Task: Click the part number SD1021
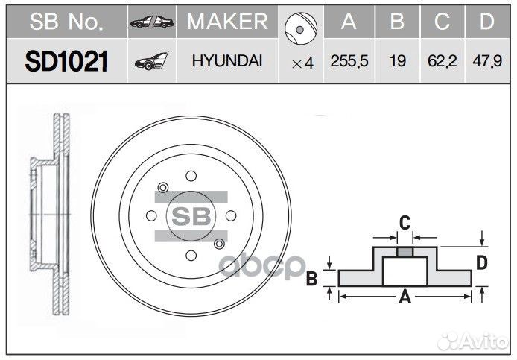pos(66,62)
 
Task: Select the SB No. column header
pos(66,22)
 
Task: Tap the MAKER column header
pos(227,22)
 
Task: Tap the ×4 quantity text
pos(302,63)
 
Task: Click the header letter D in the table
pos(486,22)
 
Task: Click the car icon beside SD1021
pos(151,63)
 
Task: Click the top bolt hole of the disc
pos(191,176)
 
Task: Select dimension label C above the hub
pos(405,221)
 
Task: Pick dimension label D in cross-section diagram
pos(482,262)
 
